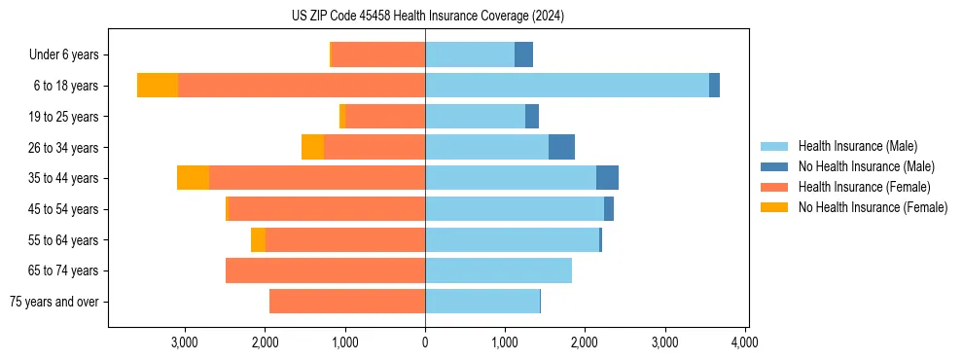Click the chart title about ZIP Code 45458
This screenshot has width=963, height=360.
click(427, 17)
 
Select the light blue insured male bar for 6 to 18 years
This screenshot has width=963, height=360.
click(566, 86)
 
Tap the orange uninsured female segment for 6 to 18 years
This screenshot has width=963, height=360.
click(158, 86)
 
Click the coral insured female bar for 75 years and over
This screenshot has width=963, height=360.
click(346, 302)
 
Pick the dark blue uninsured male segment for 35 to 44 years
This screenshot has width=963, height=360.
click(607, 178)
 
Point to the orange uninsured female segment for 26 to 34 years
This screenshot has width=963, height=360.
click(312, 147)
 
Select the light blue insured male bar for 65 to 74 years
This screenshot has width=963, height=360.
click(498, 270)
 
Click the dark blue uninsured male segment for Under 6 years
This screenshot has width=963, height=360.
click(523, 54)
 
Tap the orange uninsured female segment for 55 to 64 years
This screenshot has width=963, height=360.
click(258, 239)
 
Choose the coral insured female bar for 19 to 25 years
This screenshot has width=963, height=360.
click(385, 117)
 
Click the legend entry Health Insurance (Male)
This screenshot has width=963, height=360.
click(857, 146)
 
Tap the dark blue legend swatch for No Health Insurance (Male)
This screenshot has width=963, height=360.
click(774, 166)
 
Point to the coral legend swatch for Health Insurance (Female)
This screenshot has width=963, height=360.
click(774, 187)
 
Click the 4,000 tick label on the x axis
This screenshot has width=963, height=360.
click(744, 342)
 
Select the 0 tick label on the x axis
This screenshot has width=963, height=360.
click(425, 342)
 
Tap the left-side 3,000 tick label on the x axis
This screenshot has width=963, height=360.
click(185, 342)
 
